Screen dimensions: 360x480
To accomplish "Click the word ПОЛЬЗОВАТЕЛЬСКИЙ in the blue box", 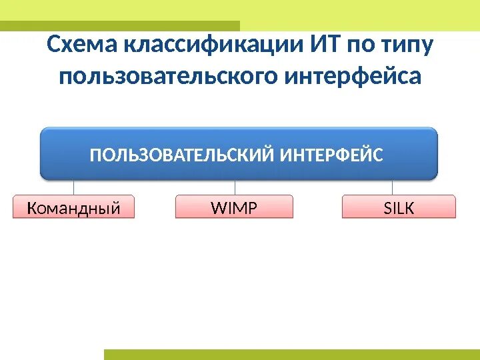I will [181, 155].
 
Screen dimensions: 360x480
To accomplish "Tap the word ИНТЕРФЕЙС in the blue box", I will [331, 155].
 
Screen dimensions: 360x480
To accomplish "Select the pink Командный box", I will [73, 207].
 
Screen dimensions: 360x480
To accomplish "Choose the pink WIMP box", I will [234, 207].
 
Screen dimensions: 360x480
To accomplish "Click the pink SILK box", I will [399, 207].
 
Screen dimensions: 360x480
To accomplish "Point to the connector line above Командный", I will [73, 187].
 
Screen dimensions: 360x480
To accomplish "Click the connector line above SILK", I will [392, 187].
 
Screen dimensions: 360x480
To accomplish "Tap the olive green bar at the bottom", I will [291, 354].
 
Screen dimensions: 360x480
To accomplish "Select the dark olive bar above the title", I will [120, 25].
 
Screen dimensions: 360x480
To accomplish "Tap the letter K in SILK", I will [409, 208].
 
